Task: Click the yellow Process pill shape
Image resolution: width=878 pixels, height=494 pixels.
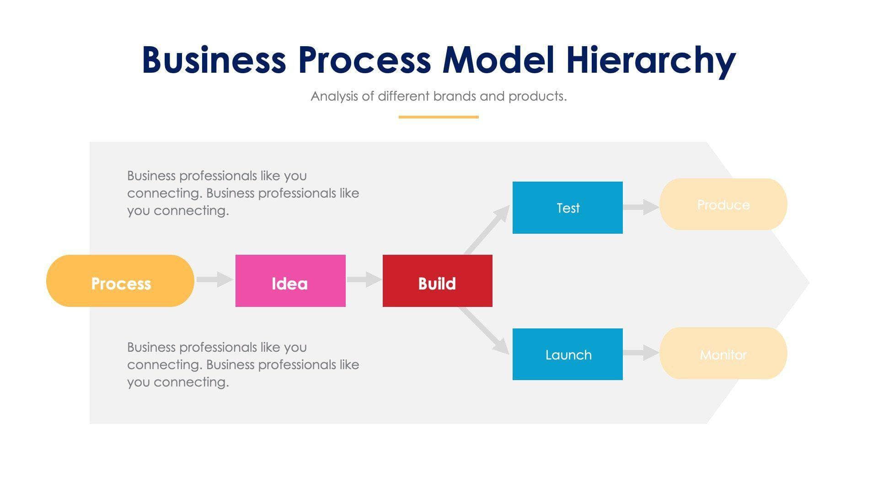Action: click(120, 281)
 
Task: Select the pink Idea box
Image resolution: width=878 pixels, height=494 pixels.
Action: click(290, 281)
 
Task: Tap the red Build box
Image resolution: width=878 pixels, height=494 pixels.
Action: click(437, 281)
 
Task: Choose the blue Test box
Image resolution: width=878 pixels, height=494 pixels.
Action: click(567, 208)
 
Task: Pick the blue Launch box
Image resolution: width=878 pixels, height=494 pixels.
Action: click(567, 354)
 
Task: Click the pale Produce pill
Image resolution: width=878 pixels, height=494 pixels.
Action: click(723, 204)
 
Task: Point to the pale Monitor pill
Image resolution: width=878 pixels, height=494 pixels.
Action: click(723, 353)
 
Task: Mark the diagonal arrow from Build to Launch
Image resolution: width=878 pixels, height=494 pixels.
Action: click(485, 331)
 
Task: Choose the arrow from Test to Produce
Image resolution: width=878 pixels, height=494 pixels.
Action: click(641, 207)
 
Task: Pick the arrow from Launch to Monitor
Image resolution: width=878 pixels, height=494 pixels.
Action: click(641, 353)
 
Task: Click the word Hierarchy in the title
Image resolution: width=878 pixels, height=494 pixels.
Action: click(650, 60)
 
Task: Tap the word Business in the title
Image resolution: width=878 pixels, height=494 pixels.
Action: click(214, 60)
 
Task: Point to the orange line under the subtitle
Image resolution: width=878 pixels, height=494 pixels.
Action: click(439, 117)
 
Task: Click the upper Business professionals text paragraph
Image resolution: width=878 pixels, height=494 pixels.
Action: click(242, 193)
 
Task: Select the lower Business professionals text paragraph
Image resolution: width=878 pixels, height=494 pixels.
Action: click(242, 365)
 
